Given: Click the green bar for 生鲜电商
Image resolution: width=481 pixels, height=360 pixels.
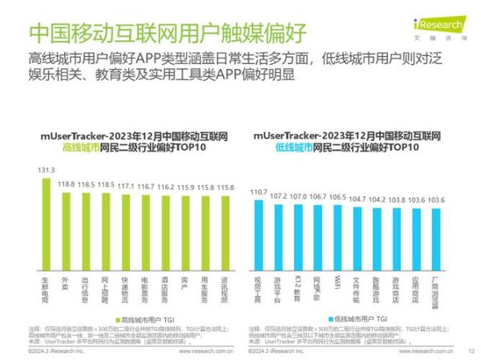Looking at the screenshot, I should click(x=46, y=225).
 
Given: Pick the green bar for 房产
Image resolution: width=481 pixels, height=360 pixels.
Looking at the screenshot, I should click(x=184, y=233).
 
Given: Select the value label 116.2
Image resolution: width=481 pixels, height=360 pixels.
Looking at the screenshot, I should click(x=165, y=186).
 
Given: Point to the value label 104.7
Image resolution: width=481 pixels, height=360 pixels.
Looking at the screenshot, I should click(x=358, y=198).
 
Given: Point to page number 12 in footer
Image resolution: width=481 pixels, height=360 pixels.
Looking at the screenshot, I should click(x=471, y=350).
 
